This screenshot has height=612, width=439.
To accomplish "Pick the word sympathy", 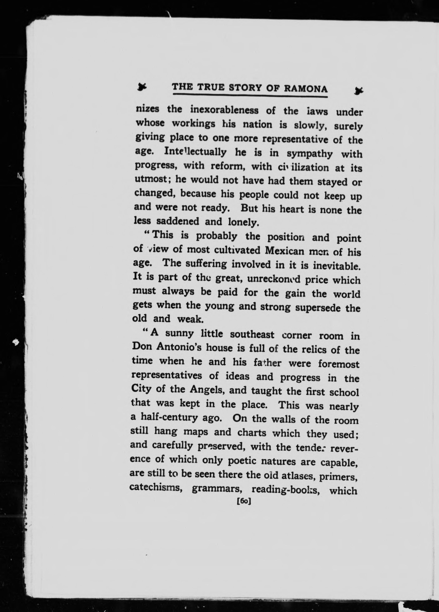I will click(x=309, y=154).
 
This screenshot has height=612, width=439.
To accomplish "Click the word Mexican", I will click(x=285, y=251).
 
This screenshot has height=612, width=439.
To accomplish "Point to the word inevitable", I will click(x=336, y=266).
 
